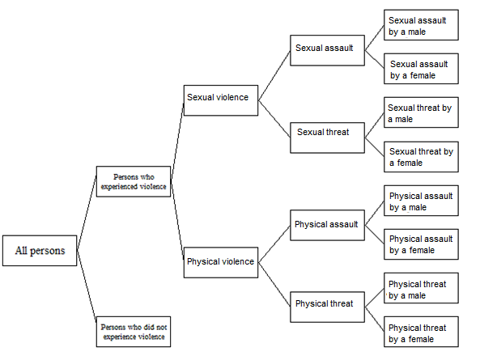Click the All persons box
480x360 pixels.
(x=40, y=251)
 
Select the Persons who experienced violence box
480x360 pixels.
(x=134, y=181)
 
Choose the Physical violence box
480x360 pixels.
(x=221, y=262)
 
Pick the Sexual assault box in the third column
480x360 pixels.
(x=324, y=49)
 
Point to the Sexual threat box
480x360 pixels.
(x=323, y=133)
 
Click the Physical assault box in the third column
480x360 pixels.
(x=326, y=225)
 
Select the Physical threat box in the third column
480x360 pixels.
(x=325, y=305)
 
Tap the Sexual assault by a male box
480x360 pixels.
(x=421, y=25)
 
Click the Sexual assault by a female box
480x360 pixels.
(x=421, y=70)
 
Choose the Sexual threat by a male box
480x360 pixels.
(x=421, y=113)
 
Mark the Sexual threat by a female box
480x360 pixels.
(x=421, y=157)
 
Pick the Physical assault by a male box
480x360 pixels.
(x=421, y=201)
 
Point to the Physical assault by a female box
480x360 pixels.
(x=421, y=244)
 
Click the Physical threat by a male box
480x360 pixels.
(x=421, y=289)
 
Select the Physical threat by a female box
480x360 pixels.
(x=421, y=333)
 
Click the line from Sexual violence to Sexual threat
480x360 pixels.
(x=275, y=115)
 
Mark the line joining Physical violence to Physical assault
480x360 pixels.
(x=274, y=243)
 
